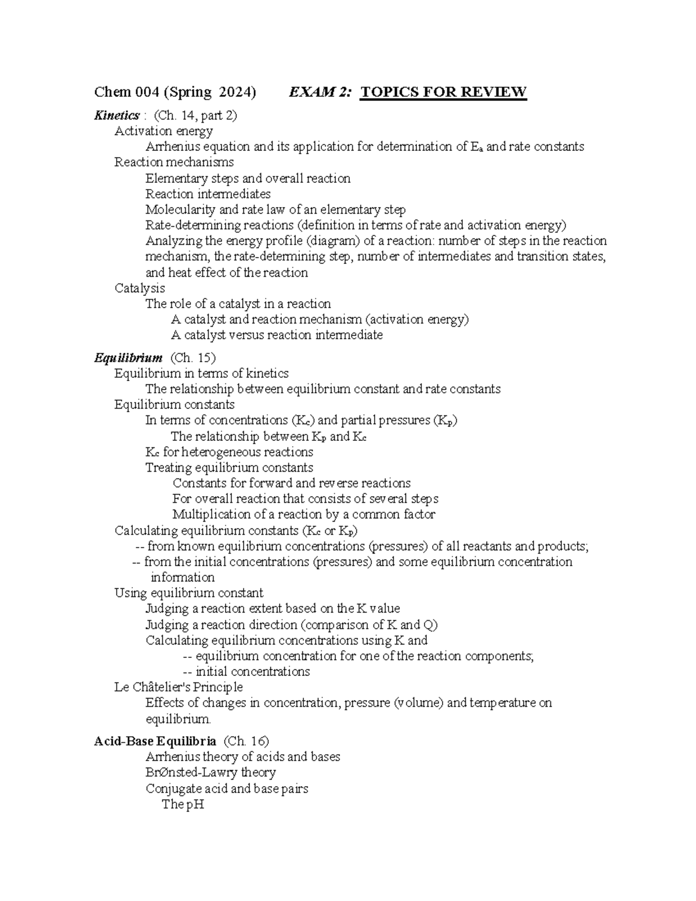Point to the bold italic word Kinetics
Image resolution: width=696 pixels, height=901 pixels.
(116, 115)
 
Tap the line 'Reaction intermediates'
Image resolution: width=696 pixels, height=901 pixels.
(208, 194)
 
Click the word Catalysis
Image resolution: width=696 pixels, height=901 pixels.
(139, 288)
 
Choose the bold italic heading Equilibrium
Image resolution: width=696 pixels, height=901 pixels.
(128, 358)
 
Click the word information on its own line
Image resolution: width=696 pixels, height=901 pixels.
(182, 577)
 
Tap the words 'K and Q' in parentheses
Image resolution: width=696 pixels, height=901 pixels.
(409, 625)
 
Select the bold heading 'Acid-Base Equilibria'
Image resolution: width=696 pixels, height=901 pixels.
(155, 741)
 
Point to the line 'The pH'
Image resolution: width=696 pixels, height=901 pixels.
(183, 805)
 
